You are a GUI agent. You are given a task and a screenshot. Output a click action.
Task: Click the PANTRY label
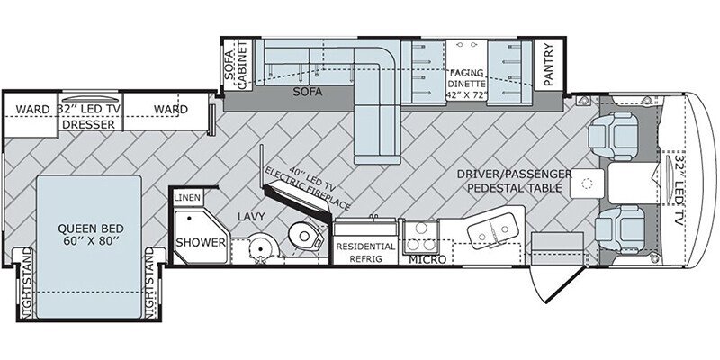pyautogui.click(x=549, y=64)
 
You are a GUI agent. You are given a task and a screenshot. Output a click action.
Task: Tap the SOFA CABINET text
pyautogui.click(x=236, y=64)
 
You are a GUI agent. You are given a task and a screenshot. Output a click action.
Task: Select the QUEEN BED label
pyautogui.click(x=91, y=234)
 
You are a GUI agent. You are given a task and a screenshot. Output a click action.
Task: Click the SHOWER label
pyautogui.click(x=201, y=242)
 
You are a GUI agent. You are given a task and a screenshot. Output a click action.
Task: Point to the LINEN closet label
pyautogui.click(x=187, y=198)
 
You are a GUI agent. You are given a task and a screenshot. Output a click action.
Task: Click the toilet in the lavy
pyautogui.click(x=305, y=235)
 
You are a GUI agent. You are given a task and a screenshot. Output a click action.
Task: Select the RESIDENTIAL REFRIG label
pyautogui.click(x=365, y=252)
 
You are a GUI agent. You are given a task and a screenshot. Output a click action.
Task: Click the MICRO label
pyautogui.click(x=427, y=260)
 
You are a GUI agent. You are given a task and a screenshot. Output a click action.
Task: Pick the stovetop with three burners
pyautogui.click(x=419, y=237)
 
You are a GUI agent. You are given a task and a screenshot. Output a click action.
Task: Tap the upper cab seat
pyautogui.click(x=613, y=136)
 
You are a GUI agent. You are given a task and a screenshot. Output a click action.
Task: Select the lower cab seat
pyautogui.click(x=618, y=229)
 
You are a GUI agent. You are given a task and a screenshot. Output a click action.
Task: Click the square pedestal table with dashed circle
pyautogui.click(x=587, y=184)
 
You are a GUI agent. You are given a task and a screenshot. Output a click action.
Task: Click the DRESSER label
pyautogui.click(x=88, y=124)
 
